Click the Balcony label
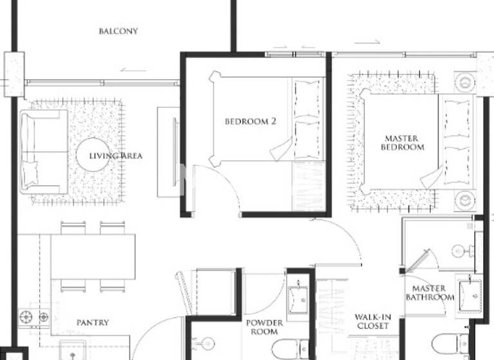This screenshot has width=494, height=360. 118,31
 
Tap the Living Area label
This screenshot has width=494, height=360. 116,156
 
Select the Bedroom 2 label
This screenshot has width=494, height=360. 250,120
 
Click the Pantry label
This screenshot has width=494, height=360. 93,322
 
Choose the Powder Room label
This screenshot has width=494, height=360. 264,327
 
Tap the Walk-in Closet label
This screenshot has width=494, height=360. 372,321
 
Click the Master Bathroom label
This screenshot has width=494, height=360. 430,293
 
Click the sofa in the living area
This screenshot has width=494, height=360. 42,152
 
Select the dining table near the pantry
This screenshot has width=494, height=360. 93,256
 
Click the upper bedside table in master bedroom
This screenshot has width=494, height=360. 465,82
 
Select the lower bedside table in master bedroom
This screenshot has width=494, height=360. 465,200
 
